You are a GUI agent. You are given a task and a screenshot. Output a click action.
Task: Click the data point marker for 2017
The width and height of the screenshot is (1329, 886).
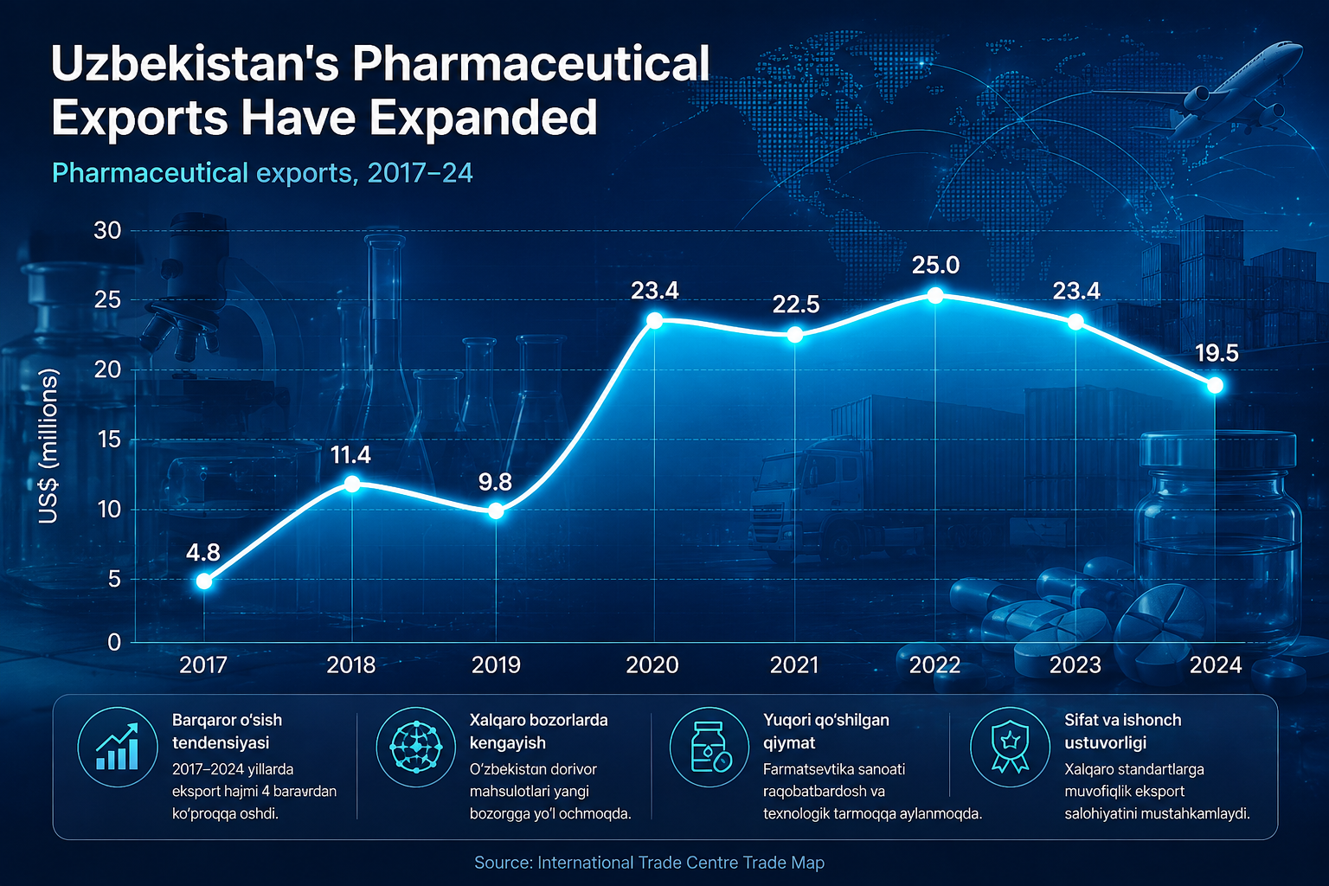pos(204,581)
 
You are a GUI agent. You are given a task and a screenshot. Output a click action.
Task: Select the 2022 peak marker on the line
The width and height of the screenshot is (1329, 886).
pos(935,295)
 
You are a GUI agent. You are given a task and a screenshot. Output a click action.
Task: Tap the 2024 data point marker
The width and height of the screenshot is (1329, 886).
pos(1215,386)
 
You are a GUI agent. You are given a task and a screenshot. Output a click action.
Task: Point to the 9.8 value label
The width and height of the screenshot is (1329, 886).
pos(496,483)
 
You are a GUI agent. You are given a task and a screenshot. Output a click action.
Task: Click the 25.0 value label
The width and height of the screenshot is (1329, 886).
pos(935,266)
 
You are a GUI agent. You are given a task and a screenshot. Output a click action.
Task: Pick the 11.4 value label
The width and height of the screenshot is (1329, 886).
pos(350,455)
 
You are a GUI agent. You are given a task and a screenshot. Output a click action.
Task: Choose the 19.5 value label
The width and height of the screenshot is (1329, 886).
pos(1217,353)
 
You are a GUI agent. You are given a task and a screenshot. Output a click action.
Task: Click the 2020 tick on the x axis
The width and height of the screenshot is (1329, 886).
pos(652,665)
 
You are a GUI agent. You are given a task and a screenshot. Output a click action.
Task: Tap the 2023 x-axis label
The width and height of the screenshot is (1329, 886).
pos(1075,665)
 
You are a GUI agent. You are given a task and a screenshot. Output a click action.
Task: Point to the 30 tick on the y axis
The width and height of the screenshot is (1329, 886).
pos(107,230)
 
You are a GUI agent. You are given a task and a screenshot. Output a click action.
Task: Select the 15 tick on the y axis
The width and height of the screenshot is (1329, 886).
pos(108,440)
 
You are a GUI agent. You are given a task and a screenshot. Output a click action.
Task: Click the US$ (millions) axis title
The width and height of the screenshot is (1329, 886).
pos(48,446)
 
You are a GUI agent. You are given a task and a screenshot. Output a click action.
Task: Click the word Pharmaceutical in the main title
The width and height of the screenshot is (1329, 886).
pos(530,63)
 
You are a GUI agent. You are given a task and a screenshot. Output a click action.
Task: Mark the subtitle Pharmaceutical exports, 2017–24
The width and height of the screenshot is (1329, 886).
pos(262,173)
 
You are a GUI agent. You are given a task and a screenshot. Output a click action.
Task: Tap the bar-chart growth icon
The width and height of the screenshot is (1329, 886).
pos(118,748)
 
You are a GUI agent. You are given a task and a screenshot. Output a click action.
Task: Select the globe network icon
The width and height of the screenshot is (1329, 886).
pos(416,748)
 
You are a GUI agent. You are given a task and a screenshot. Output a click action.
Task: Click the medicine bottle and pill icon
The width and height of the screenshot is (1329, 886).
pos(709,748)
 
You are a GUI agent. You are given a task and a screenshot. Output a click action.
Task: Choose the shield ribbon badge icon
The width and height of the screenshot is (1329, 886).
pos(1010,748)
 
